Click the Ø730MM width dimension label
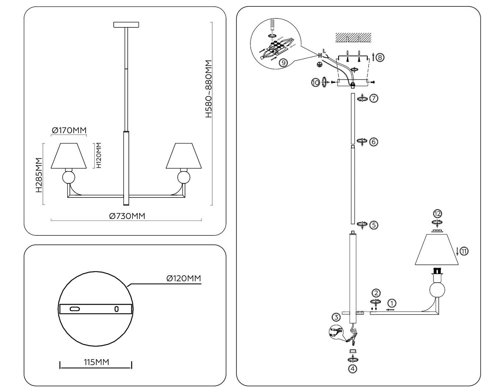(127, 216)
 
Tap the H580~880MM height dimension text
(209, 89)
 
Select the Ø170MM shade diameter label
(69, 130)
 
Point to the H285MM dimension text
(39, 175)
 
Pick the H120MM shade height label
(99, 155)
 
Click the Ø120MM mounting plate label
(183, 278)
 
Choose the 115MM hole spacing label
(96, 362)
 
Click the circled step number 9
(283, 62)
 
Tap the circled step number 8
(380, 57)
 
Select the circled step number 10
(316, 82)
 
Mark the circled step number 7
(374, 98)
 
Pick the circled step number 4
(352, 369)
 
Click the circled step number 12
(438, 214)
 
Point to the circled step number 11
(464, 251)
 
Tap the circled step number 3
(336, 317)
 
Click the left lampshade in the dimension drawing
(69, 156)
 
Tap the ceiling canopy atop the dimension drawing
(126, 25)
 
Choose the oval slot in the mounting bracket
(75, 309)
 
